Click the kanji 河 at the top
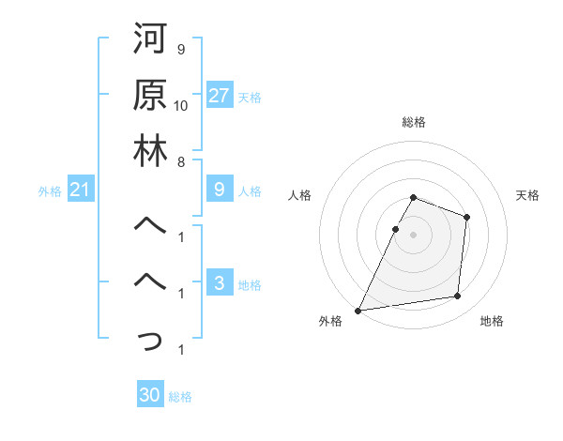click(150, 41)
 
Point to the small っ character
click(150, 341)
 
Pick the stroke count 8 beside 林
click(181, 161)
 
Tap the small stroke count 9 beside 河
click(181, 49)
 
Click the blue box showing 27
click(220, 96)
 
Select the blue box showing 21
click(81, 190)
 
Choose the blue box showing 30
click(150, 395)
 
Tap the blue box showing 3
click(219, 283)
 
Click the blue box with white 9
click(219, 190)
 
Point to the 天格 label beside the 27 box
click(250, 97)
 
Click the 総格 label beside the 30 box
click(180, 397)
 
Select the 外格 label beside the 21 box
click(50, 191)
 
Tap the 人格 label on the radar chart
click(300, 195)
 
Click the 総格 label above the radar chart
click(413, 122)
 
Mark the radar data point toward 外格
click(358, 310)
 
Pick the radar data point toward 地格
click(458, 296)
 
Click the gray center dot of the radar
click(413, 234)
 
